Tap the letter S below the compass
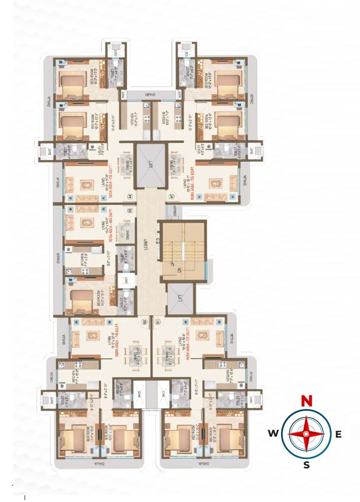pyautogui.click(x=307, y=465)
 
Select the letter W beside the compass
pyautogui.click(x=272, y=433)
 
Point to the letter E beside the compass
pyautogui.click(x=338, y=434)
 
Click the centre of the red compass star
pyautogui.click(x=307, y=433)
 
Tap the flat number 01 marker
pyautogui.click(x=158, y=322)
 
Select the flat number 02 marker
pyautogui.click(x=144, y=322)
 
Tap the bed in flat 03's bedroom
pyautogui.click(x=81, y=300)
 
